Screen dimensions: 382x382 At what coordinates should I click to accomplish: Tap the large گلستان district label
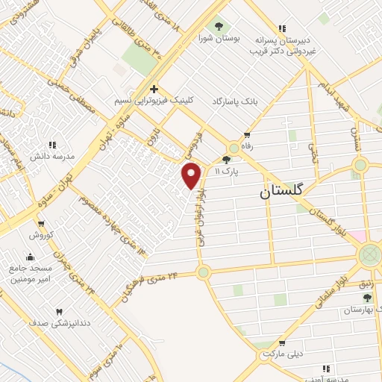(x=281, y=192)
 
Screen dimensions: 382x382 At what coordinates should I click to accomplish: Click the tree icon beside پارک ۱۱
(x=227, y=159)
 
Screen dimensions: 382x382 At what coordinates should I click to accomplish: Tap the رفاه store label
(x=247, y=147)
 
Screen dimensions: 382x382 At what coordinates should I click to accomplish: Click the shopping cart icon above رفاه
(x=246, y=135)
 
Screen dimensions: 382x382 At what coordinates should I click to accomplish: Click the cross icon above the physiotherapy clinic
(x=154, y=87)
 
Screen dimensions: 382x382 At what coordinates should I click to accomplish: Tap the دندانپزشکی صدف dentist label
(x=59, y=323)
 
